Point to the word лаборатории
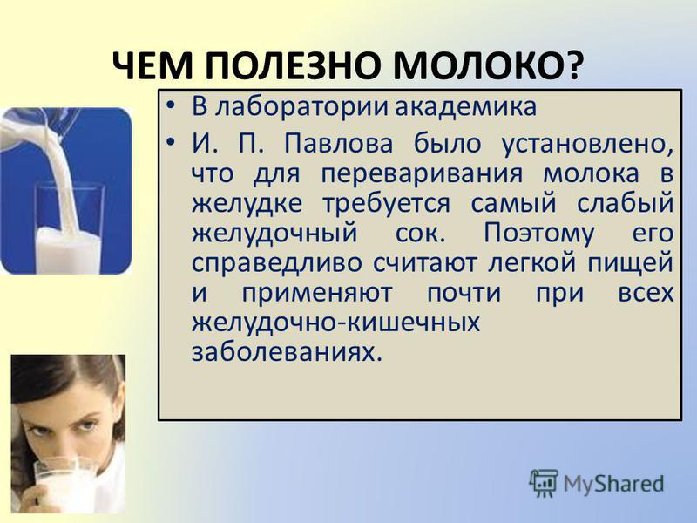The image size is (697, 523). pos(301,107)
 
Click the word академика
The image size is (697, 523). pos(465,107)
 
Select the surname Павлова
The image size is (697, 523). pos(338,144)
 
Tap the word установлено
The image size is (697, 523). pos(586,145)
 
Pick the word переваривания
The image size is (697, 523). pos(422,174)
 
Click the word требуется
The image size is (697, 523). pos(386,204)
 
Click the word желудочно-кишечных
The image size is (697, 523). pos(335,323)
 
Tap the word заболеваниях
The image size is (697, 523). pos(287,353)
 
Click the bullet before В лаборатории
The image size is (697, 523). pos(170,106)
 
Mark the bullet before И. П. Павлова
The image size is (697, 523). pos(170,143)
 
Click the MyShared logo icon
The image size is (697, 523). pos(543,483)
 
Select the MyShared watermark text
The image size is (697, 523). pos(614,484)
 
